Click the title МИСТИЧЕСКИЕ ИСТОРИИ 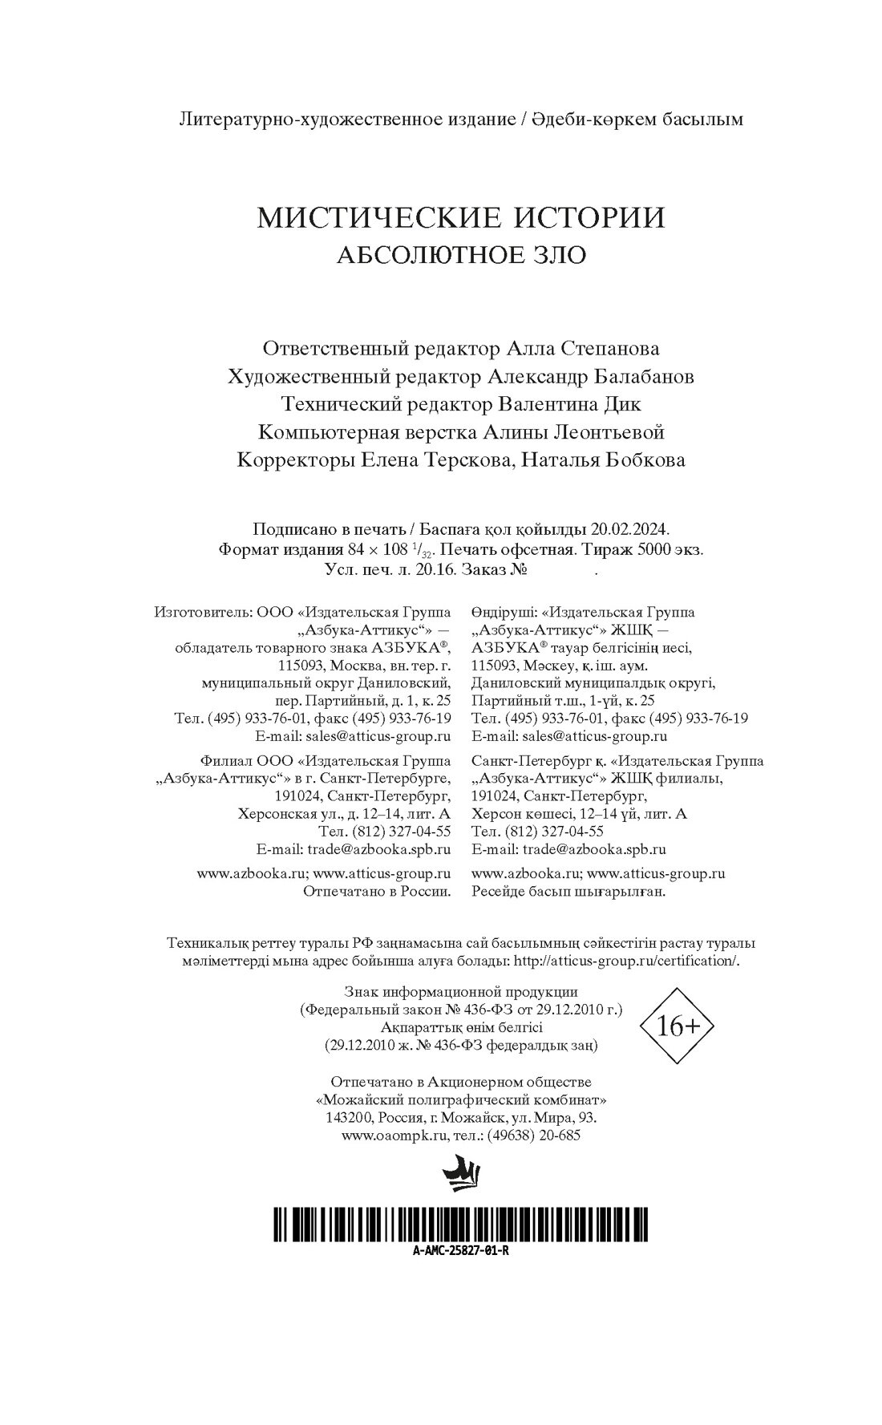(461, 218)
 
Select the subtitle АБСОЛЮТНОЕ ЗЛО (461, 255)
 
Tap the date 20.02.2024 (629, 529)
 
